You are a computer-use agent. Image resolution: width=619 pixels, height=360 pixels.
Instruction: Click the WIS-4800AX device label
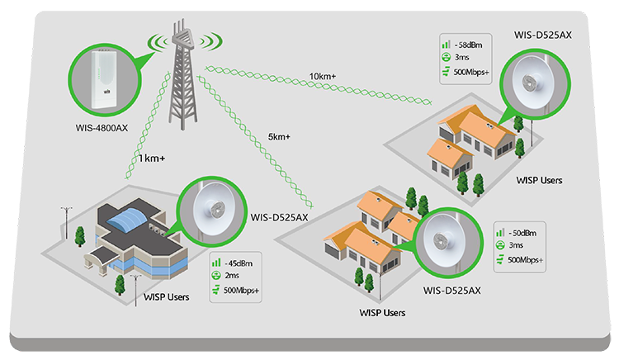pos(102,128)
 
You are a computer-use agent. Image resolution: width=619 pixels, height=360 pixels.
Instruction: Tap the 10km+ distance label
pos(323,76)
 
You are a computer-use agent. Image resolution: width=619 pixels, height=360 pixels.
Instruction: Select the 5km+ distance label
pos(279,137)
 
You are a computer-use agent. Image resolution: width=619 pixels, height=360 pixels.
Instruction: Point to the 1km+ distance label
pos(152,159)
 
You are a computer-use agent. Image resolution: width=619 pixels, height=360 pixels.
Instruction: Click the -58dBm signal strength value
pos(468,45)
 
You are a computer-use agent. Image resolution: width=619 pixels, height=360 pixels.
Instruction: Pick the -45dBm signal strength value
pos(239,263)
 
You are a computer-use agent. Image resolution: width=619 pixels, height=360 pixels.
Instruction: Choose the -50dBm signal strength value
pos(522,233)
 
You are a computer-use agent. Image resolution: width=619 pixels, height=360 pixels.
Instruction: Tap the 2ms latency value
pos(232,276)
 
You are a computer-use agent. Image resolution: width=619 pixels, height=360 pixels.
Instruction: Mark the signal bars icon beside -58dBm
pos(446,45)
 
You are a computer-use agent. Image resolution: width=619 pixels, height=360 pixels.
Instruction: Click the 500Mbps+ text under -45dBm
pos(241,291)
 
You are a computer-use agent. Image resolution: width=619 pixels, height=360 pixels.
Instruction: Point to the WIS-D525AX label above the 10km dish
pos(543,36)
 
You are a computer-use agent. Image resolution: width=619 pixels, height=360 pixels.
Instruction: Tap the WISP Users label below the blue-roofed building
pos(166,297)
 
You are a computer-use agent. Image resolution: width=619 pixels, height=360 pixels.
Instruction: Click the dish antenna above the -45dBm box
pos(214,210)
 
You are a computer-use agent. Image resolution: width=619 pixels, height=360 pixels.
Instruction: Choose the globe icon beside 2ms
pos(216,275)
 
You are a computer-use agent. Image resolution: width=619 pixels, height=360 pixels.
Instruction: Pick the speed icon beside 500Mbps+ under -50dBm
pos(500,259)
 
